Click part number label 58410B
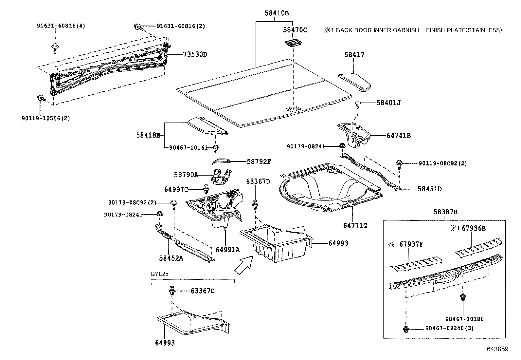pyautogui.click(x=277, y=13)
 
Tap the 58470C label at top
pyautogui.click(x=295, y=30)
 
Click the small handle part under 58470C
pyautogui.click(x=293, y=43)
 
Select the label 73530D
pyautogui.click(x=195, y=54)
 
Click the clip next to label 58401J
pyautogui.click(x=358, y=105)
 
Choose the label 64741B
pyautogui.click(x=399, y=135)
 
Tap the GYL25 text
pyautogui.click(x=159, y=274)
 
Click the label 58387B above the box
pyautogui.click(x=445, y=212)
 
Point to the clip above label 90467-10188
pyautogui.click(x=463, y=298)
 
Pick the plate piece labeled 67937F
pyautogui.click(x=416, y=264)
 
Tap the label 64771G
pyautogui.click(x=355, y=226)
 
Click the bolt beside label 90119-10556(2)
pyautogui.click(x=41, y=98)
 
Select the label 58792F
pyautogui.click(x=259, y=161)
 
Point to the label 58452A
pyautogui.click(x=171, y=258)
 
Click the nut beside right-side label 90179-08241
pyautogui.click(x=341, y=146)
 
